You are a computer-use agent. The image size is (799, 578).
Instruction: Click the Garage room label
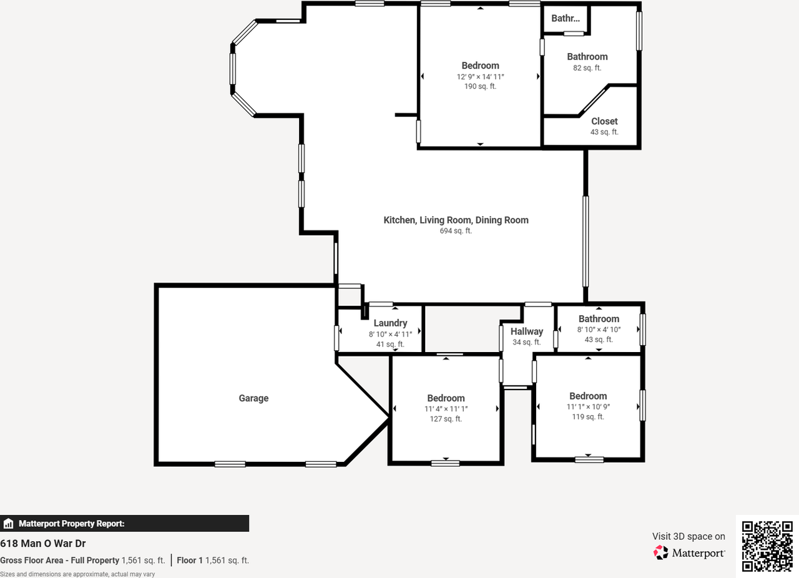pos(253,398)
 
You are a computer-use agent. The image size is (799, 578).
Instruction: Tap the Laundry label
pos(390,323)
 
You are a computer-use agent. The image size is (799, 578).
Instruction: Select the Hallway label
pos(527,331)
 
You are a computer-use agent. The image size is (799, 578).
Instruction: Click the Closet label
pos(604,121)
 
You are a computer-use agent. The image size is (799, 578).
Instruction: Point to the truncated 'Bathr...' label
pos(566,18)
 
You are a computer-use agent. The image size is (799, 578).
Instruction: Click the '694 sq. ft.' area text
pos(456,231)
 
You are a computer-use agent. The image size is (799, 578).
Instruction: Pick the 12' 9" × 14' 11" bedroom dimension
pos(480,77)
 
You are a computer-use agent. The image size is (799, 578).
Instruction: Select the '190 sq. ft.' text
pos(480,86)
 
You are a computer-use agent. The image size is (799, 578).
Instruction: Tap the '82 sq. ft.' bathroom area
pos(587,68)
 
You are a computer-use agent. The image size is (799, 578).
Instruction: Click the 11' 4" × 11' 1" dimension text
pos(446,409)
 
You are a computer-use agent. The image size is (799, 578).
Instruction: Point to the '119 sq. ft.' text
pos(588,417)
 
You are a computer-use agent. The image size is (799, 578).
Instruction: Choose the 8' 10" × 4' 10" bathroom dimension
pos(599,330)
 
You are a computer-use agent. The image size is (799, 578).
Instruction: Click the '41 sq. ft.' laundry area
pos(390,345)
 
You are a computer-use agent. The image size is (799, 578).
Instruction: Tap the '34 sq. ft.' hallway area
pos(527,342)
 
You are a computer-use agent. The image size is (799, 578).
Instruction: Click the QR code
pos(767,546)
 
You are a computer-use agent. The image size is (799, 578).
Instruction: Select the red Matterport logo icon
pos(660,552)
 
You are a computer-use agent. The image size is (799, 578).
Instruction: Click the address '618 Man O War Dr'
pos(43,544)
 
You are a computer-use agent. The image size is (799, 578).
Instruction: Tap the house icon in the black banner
pos(8,524)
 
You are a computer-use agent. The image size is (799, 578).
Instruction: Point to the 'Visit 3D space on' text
pos(689,537)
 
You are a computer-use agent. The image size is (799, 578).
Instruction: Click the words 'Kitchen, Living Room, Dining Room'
pos(456,220)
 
